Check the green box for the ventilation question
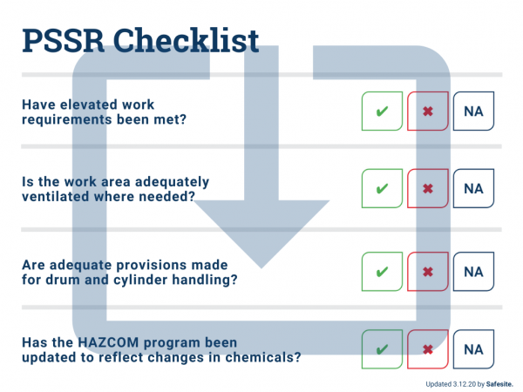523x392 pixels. click(383, 188)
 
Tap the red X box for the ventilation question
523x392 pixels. click(428, 188)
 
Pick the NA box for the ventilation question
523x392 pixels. click(473, 188)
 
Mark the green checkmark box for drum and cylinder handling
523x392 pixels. click(383, 272)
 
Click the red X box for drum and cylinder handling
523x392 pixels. click(428, 272)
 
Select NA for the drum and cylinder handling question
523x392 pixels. click(473, 272)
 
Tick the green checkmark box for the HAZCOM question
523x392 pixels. click(383, 350)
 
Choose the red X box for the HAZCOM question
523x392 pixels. click(428, 350)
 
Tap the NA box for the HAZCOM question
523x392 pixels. click(473, 350)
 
